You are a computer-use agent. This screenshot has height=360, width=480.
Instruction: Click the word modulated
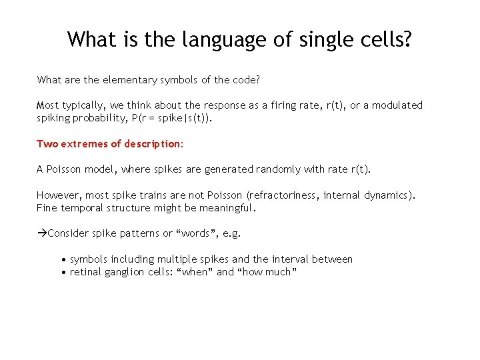(397, 105)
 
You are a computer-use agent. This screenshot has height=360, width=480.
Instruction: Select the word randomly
(278, 169)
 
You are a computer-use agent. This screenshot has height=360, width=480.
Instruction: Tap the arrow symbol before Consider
(41, 233)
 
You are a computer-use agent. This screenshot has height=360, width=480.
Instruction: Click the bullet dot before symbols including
(63, 259)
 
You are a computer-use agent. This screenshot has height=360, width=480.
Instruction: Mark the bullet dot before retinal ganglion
(63, 272)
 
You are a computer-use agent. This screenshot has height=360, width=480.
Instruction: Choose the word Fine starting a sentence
(47, 208)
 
